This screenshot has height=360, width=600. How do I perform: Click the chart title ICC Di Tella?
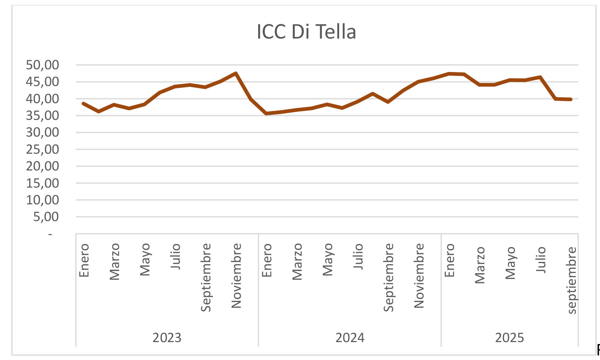(306, 32)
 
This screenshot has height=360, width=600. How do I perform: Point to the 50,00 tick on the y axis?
(42, 65)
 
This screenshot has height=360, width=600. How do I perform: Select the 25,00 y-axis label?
(42, 149)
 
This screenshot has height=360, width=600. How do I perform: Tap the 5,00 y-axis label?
(46, 217)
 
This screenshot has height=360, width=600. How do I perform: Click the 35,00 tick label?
(42, 116)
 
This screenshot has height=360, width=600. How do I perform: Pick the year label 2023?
(167, 337)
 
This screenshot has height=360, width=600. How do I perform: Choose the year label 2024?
(350, 337)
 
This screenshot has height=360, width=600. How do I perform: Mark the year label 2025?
(509, 337)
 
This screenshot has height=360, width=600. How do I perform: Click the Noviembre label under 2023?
(236, 276)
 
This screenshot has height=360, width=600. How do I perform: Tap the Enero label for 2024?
(267, 260)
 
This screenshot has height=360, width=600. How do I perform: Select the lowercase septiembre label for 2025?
(571, 280)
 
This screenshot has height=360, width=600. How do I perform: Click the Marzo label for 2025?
(480, 265)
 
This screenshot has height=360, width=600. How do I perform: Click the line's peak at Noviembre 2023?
(236, 73)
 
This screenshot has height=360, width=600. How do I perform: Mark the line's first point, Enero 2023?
(84, 104)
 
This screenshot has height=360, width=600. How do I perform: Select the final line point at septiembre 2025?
(571, 99)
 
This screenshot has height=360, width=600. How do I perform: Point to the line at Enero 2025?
(449, 74)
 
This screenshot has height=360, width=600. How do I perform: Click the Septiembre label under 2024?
(389, 277)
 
